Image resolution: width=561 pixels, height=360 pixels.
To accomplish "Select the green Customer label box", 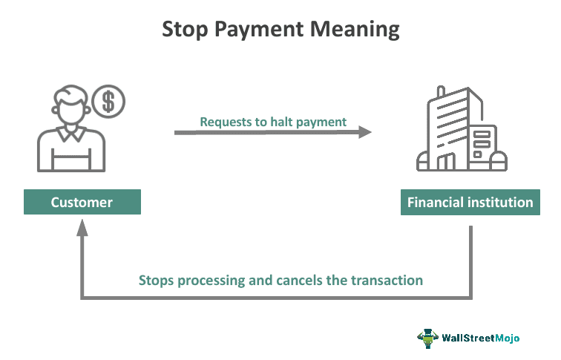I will pos(82,202).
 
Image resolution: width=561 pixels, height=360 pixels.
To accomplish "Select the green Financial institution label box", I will pos(470,202).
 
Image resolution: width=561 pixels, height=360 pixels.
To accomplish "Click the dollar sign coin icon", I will pos(108,101).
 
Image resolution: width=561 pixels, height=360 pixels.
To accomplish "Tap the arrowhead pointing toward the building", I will pos(364,133).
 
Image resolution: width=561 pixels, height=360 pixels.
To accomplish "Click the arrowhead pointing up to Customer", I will pos(82,226).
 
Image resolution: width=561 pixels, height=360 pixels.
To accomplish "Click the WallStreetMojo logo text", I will pos(482,338).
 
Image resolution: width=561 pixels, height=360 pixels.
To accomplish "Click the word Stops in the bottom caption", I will pos(155,281).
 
